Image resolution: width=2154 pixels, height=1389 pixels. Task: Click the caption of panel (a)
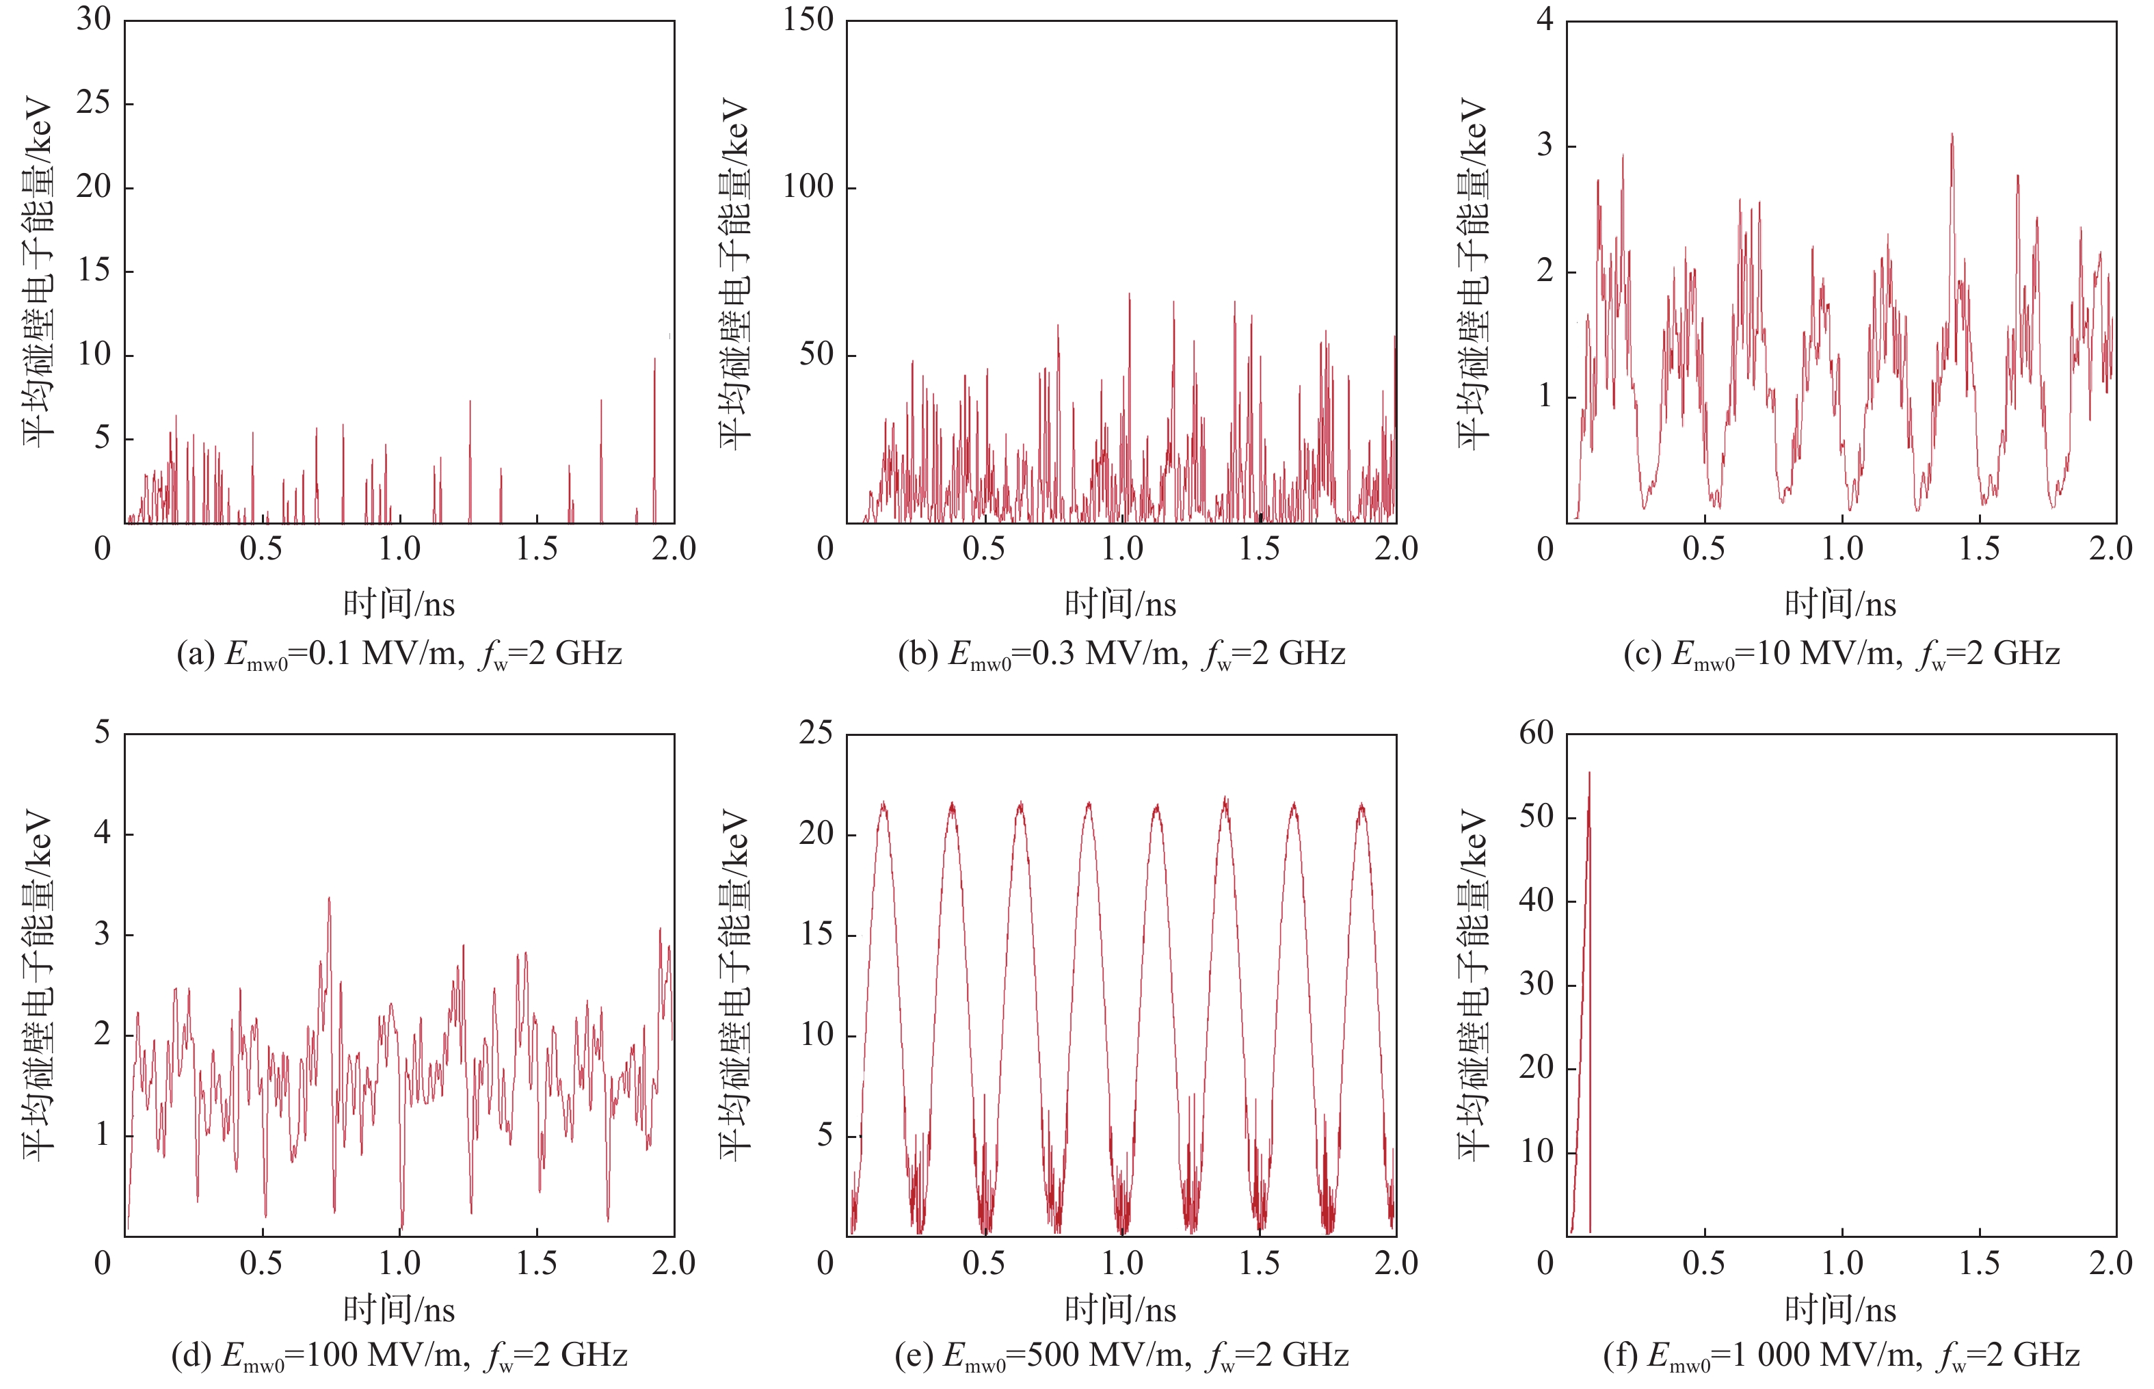coord(399,654)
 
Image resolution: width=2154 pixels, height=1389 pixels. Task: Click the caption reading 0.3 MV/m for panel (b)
coord(1121,654)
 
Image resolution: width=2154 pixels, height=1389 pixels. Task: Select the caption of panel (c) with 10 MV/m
coord(1841,654)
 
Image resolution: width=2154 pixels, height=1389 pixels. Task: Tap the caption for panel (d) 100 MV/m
coord(399,1355)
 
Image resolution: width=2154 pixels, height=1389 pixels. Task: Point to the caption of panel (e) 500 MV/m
coord(1121,1355)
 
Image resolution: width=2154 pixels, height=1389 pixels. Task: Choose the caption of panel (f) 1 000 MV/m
coord(1841,1355)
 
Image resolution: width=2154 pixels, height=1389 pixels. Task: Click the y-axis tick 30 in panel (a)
coord(94,19)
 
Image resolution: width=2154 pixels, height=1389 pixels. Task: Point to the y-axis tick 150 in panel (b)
coord(807,19)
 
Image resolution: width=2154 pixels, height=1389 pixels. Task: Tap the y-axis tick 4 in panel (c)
coord(1545,19)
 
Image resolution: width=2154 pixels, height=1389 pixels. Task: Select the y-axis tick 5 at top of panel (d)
coord(102,732)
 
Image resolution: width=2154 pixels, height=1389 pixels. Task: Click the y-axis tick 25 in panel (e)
coord(815,732)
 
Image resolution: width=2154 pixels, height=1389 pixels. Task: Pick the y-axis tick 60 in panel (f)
coord(1537,732)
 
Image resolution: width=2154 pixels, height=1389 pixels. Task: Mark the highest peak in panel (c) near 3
coord(1952,135)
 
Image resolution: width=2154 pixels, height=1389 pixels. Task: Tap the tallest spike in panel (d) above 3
coord(329,899)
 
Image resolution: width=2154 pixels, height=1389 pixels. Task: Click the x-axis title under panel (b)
coord(1121,603)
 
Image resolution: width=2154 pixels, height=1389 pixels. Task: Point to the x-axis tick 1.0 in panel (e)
coord(1121,1262)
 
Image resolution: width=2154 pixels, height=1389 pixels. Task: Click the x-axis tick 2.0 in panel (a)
coord(674,548)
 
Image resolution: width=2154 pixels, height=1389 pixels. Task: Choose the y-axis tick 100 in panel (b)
coord(807,187)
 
